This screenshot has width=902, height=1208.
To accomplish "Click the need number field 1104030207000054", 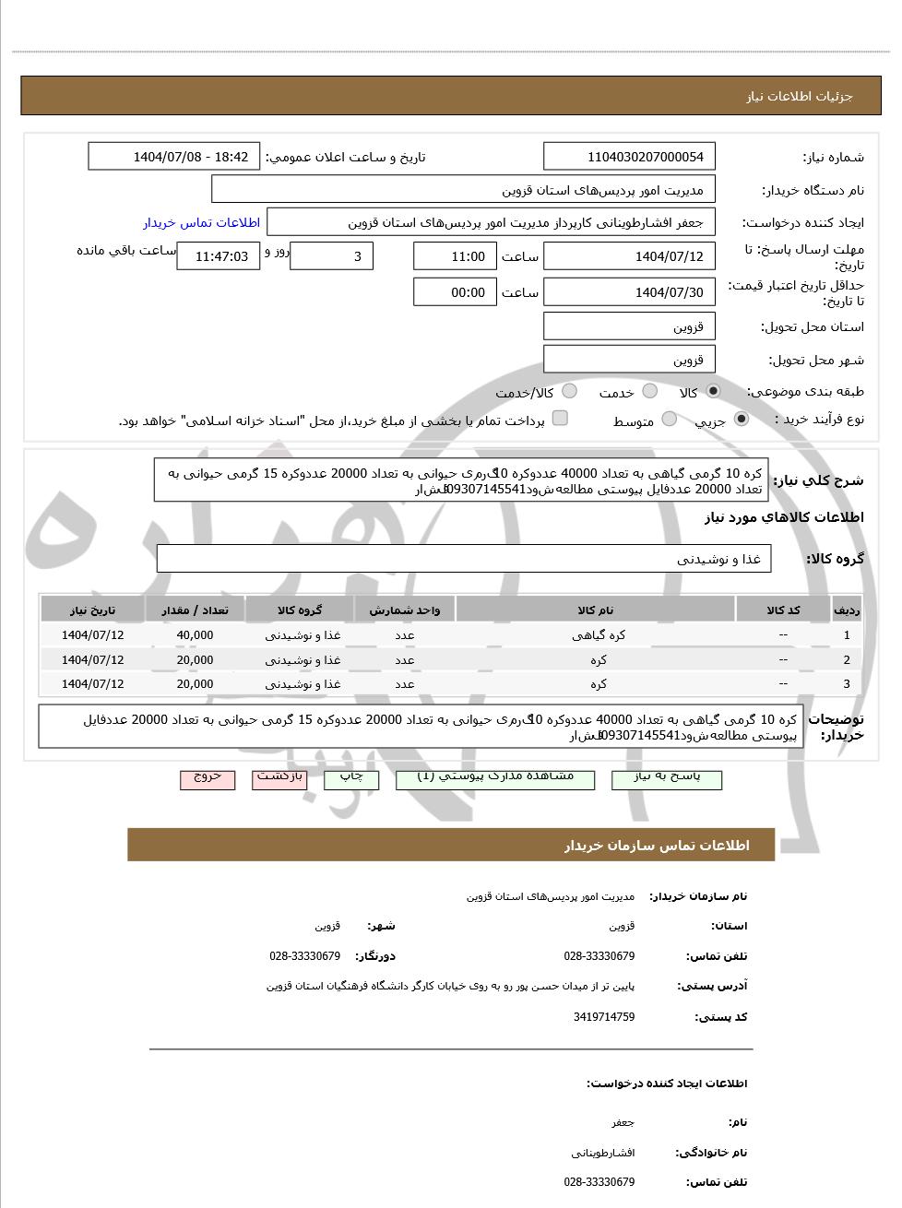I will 629,157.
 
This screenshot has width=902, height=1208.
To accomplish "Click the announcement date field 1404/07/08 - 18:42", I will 174,157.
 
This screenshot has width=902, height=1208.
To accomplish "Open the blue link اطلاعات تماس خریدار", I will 201,222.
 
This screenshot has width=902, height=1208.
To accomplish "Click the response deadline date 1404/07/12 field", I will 629,256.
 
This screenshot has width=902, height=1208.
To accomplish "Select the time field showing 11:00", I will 455,256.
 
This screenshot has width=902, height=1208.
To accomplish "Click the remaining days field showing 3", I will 331,256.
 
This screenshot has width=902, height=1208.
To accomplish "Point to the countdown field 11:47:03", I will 219,256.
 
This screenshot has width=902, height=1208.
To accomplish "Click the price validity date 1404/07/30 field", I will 629,292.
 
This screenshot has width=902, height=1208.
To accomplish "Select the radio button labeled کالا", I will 713,391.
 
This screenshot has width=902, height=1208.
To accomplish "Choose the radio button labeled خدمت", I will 650,391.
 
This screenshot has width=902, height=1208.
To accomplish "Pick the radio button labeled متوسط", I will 670,420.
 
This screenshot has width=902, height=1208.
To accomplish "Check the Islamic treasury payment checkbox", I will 560,419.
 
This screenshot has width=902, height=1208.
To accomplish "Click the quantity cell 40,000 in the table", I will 195,635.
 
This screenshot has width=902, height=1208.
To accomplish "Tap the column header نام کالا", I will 595,610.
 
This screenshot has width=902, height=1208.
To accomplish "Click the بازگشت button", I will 280,778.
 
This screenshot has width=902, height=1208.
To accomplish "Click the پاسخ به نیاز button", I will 667,778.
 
